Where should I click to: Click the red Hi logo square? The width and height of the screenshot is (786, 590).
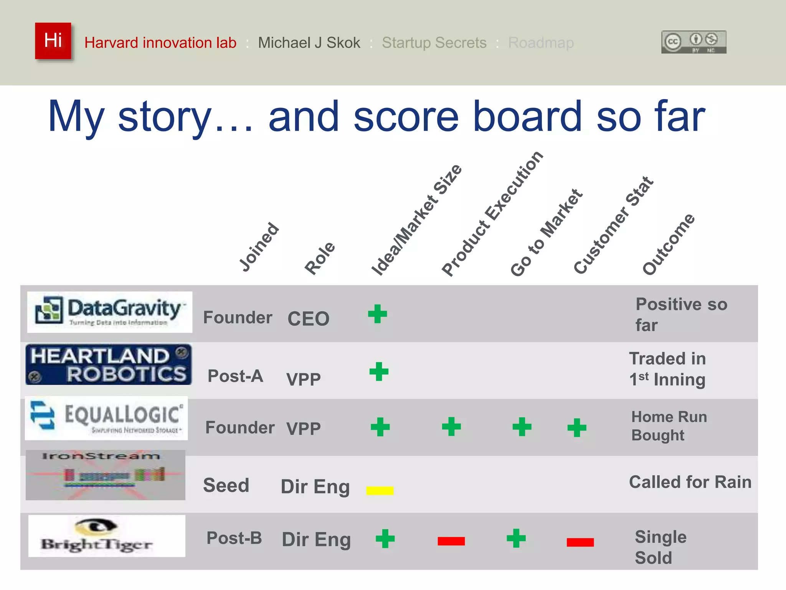click(53, 41)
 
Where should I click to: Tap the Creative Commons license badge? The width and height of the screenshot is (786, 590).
click(694, 42)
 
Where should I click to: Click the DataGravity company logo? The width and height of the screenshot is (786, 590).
click(109, 312)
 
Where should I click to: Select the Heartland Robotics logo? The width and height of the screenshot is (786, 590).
click(109, 364)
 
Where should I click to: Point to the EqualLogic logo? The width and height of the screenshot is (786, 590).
click(106, 418)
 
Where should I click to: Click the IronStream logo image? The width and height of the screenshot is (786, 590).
click(106, 475)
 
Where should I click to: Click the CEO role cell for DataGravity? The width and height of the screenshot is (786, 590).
click(308, 318)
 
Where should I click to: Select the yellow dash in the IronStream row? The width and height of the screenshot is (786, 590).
click(380, 491)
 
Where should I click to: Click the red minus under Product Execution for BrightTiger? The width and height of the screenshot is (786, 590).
click(451, 541)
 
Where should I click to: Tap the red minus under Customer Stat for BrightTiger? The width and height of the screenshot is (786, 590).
click(580, 542)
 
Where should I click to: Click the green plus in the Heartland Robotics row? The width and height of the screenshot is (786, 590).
click(379, 371)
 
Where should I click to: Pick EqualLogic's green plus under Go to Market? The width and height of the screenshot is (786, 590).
click(522, 427)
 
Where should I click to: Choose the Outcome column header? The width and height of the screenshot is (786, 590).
click(668, 245)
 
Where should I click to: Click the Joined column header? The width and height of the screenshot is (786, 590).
click(259, 247)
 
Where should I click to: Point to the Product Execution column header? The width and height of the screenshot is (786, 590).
click(492, 214)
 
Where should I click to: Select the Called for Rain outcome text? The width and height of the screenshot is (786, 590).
click(690, 482)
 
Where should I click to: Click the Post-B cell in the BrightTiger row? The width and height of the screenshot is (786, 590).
click(234, 538)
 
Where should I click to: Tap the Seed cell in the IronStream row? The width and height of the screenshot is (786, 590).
click(226, 485)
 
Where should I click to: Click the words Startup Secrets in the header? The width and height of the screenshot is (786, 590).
click(434, 43)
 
